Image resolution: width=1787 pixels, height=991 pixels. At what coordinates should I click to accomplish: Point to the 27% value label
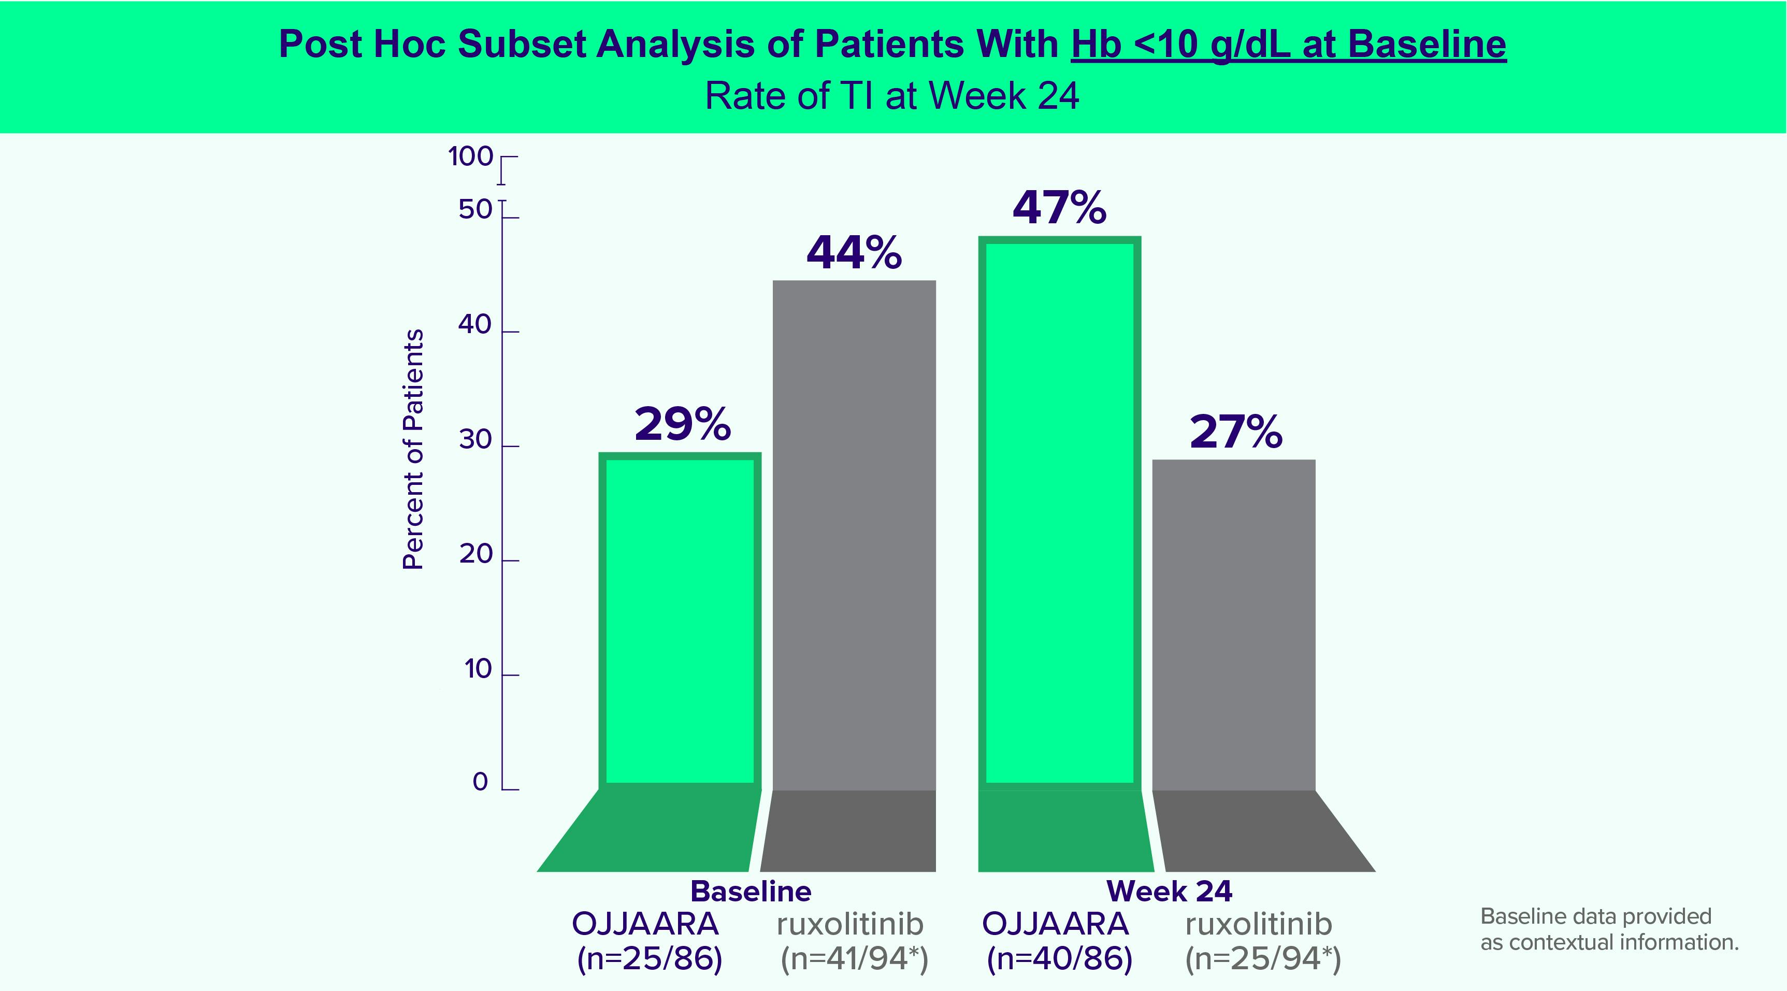[1235, 433]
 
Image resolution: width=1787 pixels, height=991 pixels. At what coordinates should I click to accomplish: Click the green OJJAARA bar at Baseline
[680, 621]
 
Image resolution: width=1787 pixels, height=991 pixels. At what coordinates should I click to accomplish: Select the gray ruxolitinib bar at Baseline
[854, 535]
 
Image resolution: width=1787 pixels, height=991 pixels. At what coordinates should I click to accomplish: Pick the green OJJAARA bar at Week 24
[1059, 513]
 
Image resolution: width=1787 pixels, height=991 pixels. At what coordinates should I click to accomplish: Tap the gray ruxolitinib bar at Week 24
[1233, 625]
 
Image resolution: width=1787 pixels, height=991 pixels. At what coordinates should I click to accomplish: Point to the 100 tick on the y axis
[471, 157]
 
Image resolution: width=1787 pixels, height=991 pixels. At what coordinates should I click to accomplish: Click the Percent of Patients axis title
[413, 450]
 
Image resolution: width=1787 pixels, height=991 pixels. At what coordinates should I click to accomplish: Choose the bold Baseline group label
[751, 891]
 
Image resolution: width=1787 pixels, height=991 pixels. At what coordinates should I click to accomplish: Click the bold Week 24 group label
[1170, 891]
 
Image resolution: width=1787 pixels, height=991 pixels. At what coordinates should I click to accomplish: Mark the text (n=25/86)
[650, 958]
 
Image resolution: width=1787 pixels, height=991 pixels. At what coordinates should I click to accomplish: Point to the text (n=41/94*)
[854, 958]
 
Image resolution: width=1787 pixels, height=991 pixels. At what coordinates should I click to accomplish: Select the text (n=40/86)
[1059, 958]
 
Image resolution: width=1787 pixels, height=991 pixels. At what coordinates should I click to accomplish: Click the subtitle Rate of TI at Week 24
[892, 96]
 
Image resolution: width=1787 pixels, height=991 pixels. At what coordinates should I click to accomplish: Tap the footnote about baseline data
[1609, 929]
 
